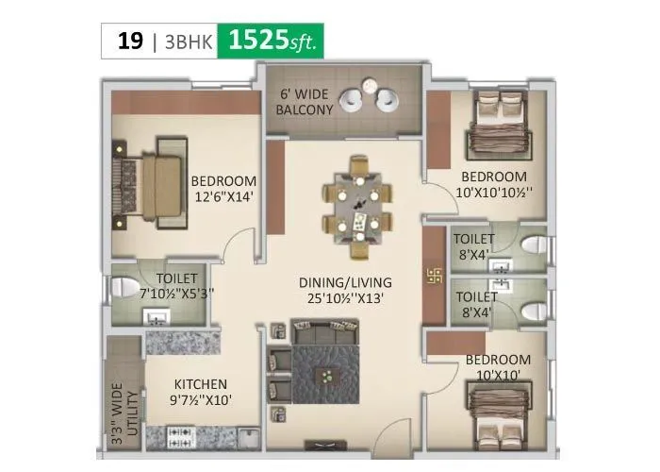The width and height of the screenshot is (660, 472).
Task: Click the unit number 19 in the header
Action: pyautogui.click(x=130, y=42)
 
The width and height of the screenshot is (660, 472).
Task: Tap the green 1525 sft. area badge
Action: pyautogui.click(x=272, y=42)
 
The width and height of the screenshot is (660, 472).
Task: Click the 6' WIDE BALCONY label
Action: pyautogui.click(x=304, y=102)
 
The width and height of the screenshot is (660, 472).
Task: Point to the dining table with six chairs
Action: pyautogui.click(x=357, y=209)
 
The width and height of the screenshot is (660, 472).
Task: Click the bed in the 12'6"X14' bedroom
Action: pyautogui.click(x=147, y=179)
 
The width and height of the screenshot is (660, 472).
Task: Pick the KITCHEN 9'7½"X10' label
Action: pyautogui.click(x=199, y=392)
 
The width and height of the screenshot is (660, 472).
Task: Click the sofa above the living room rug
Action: pyautogui.click(x=325, y=331)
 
